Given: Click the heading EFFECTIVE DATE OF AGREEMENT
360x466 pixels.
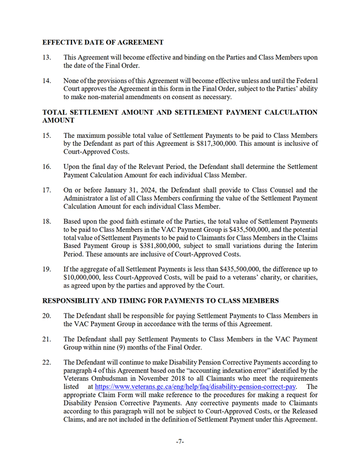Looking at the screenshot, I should pos(103,43).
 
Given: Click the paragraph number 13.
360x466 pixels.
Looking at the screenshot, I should pos(47,57).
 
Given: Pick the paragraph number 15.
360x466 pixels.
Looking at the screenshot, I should pos(47,135).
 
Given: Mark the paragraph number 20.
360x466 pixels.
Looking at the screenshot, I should pos(47,315).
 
